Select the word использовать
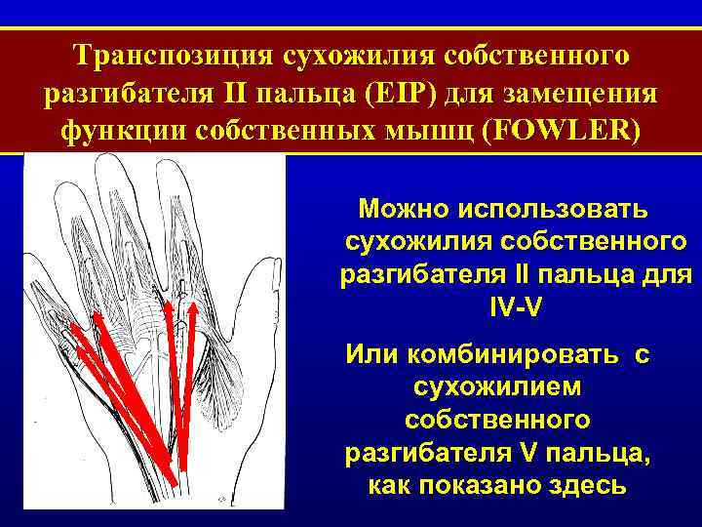click(567, 208)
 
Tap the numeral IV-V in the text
click(514, 305)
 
